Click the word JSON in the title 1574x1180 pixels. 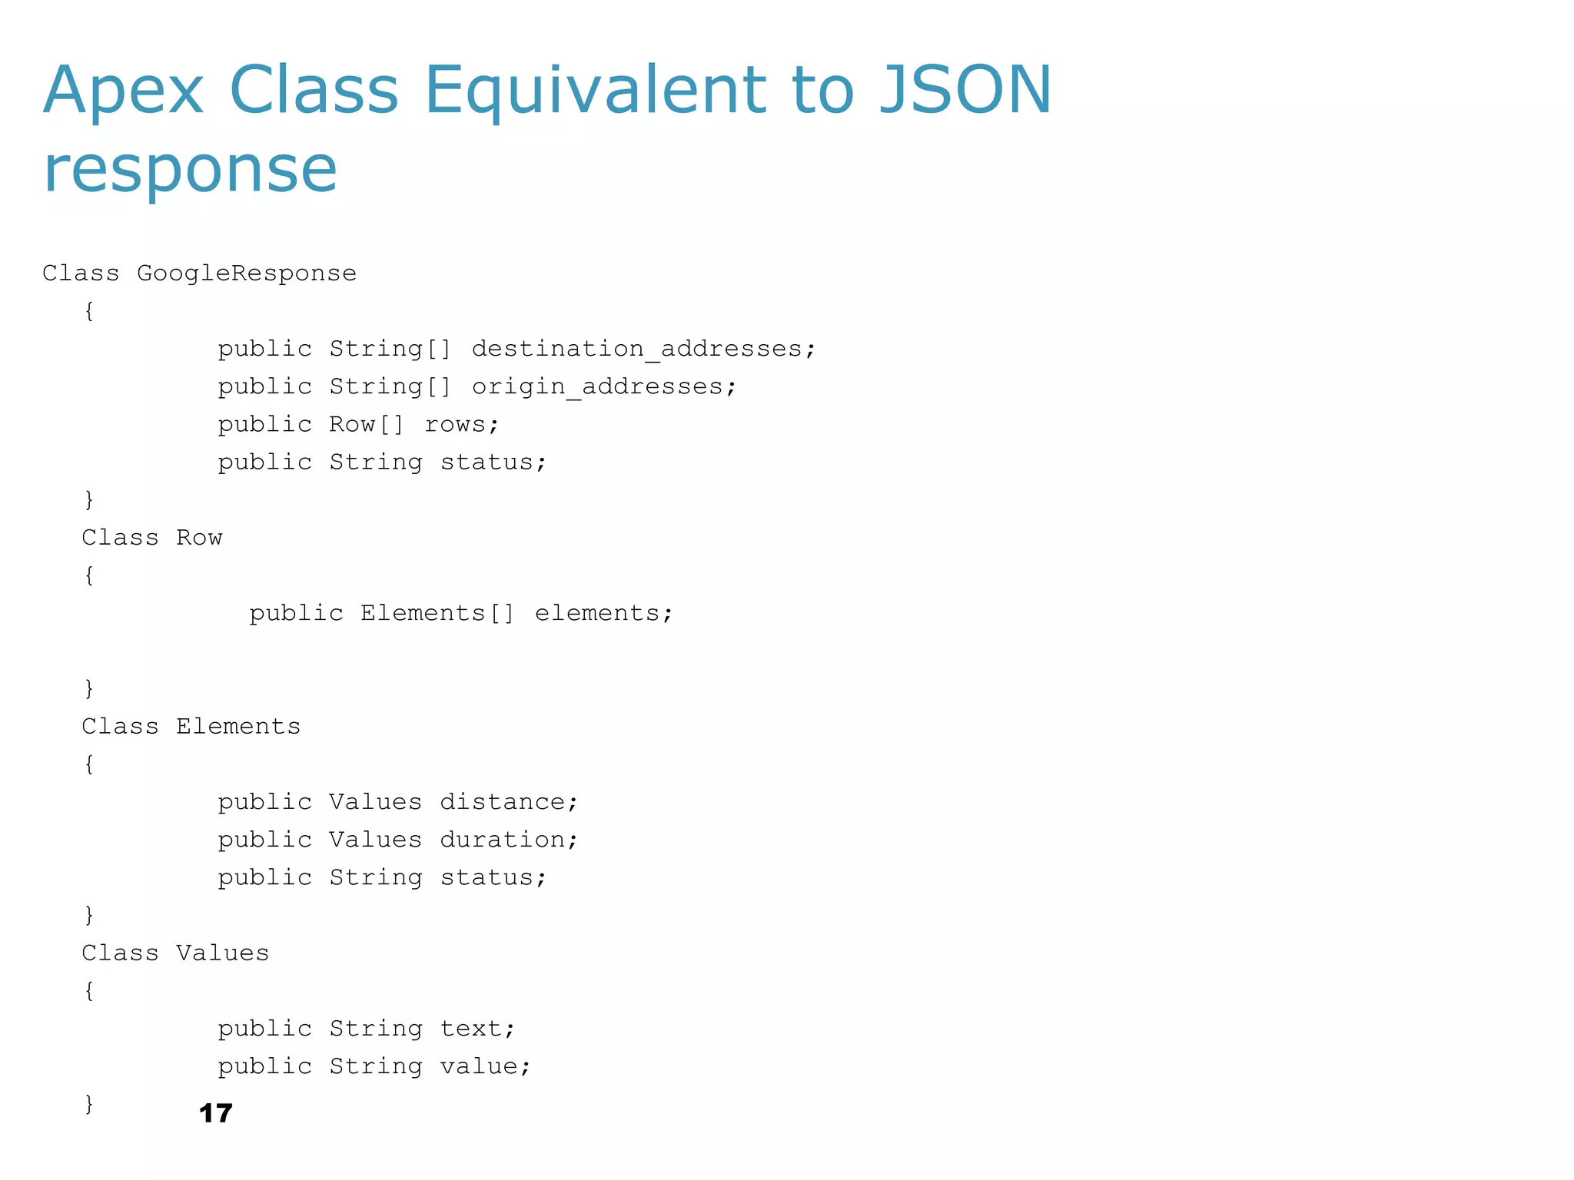(965, 90)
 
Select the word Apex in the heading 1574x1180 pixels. (123, 90)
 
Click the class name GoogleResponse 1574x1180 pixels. (247, 273)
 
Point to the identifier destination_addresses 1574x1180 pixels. (643, 349)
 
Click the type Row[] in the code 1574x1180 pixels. (367, 424)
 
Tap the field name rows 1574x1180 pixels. (461, 424)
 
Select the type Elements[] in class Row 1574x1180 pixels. (437, 613)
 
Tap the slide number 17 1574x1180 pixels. (215, 1113)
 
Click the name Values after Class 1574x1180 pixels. (223, 953)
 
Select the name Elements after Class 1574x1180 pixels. (238, 727)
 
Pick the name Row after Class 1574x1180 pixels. (199, 538)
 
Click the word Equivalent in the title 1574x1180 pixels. (596, 90)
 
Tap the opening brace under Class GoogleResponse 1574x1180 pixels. (89, 311)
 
